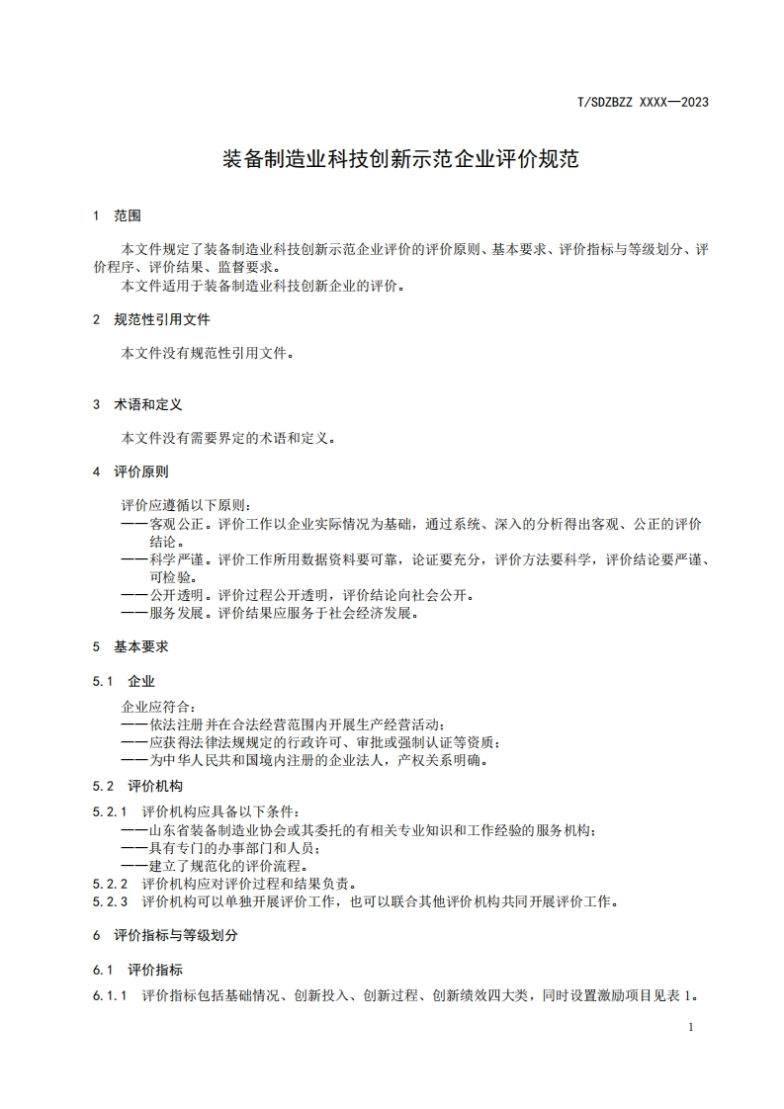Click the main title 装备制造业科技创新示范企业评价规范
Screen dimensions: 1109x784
[x=399, y=159]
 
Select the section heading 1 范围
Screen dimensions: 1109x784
[x=117, y=215]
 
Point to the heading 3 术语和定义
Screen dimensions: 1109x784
[x=137, y=405]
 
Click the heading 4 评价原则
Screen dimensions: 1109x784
[x=131, y=472]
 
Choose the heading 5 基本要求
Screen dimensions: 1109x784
[x=131, y=647]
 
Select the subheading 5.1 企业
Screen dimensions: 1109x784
[x=124, y=682]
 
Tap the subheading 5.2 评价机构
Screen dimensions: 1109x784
[x=137, y=787]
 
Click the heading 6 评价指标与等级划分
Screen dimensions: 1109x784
[x=165, y=935]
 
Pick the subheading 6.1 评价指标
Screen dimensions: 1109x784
[x=137, y=970]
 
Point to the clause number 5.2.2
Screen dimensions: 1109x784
[x=111, y=884]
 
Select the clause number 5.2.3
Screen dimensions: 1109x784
[x=111, y=901]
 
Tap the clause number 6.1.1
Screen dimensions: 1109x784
[x=111, y=996]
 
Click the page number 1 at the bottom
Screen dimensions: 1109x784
[x=690, y=1028]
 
